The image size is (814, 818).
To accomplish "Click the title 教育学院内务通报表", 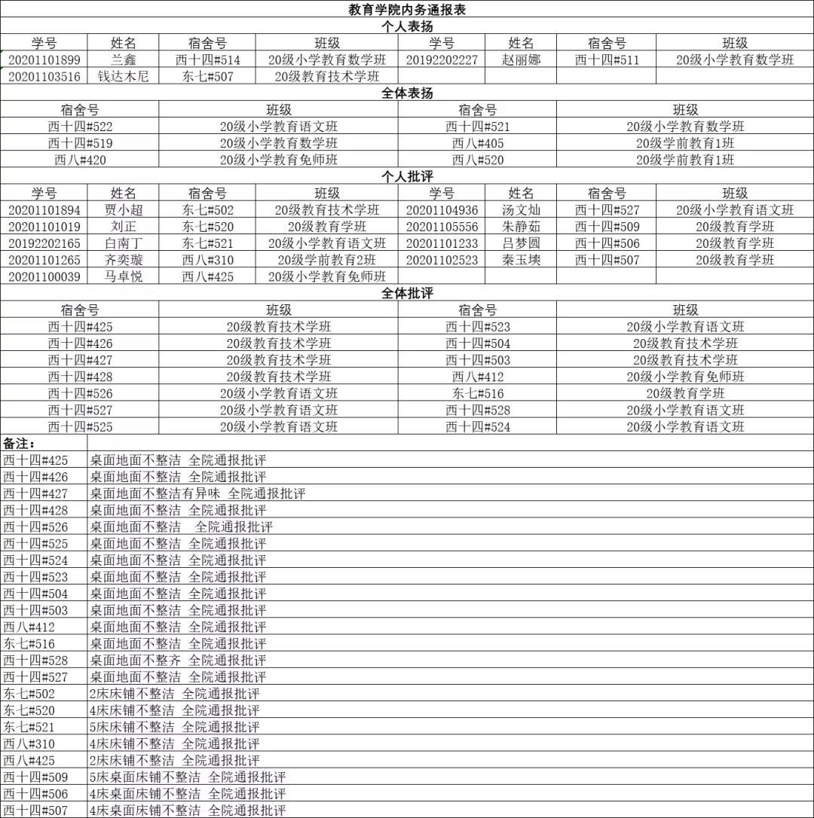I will click(x=407, y=10).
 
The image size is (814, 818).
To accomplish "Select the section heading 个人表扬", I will click(x=407, y=26).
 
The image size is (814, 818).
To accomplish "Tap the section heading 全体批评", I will click(x=407, y=293).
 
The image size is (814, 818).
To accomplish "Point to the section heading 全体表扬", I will click(x=407, y=93).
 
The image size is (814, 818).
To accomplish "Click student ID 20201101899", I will click(x=44, y=60).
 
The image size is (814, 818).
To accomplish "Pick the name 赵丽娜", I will click(x=522, y=60).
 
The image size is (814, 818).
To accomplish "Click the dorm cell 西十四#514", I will click(x=207, y=60).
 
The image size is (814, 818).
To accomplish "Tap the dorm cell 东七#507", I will click(x=207, y=77).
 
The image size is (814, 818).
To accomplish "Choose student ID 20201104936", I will click(x=442, y=210).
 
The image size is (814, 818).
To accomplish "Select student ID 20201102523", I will click(x=442, y=260).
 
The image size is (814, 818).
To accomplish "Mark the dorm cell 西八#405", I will click(x=478, y=143).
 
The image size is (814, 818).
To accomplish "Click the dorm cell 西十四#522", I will click(x=80, y=127).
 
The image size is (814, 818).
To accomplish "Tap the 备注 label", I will click(x=20, y=443).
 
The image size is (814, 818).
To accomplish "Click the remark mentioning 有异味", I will click(x=198, y=494).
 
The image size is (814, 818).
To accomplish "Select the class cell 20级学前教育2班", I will click(x=326, y=260).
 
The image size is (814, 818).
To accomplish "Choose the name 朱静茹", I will click(x=522, y=227).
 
